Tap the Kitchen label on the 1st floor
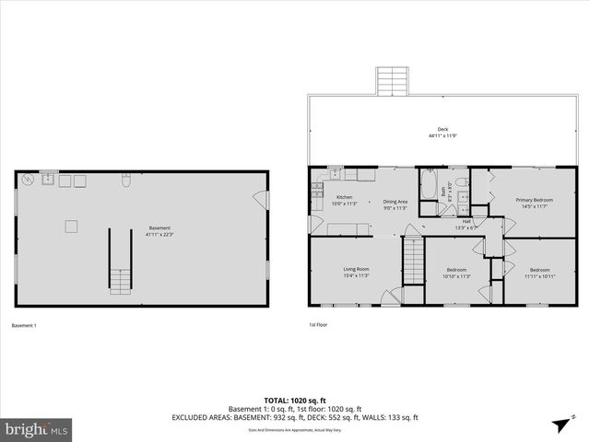point(344,197)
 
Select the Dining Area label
point(395,202)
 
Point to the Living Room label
point(356,270)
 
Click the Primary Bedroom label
point(534,200)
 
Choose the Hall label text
point(466,221)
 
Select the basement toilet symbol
point(125,181)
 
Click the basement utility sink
point(46,180)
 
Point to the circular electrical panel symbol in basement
point(28,179)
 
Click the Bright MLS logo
point(37,429)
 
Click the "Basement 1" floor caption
point(23,325)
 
